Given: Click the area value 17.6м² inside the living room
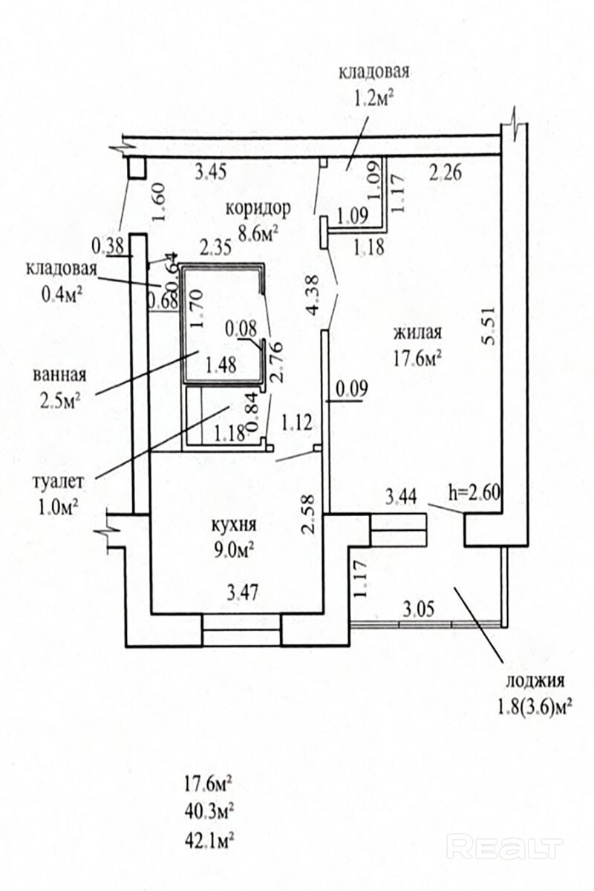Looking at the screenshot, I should (418, 359).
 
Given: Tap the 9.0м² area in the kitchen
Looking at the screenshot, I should (232, 550).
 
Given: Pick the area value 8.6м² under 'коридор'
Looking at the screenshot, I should (257, 234).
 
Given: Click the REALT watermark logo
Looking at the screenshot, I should (505, 847).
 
